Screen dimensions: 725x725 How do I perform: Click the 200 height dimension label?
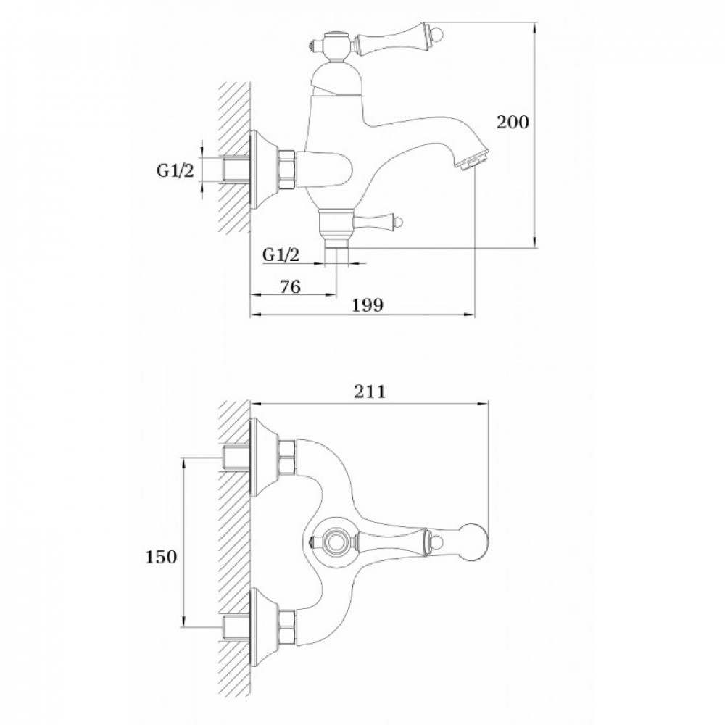(x=513, y=122)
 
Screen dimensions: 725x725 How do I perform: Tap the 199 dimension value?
(x=368, y=305)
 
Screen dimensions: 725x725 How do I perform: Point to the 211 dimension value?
(x=370, y=391)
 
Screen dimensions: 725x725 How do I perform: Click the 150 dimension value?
(x=162, y=557)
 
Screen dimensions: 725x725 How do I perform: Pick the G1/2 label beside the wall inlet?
(x=175, y=170)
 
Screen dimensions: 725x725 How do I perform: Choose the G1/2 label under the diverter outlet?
(x=281, y=254)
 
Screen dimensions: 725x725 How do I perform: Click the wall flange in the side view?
(x=265, y=170)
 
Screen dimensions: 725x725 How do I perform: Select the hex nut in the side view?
(x=287, y=169)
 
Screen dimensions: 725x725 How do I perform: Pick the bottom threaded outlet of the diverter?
(x=336, y=243)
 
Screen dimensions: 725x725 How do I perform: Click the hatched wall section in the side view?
(x=234, y=157)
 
